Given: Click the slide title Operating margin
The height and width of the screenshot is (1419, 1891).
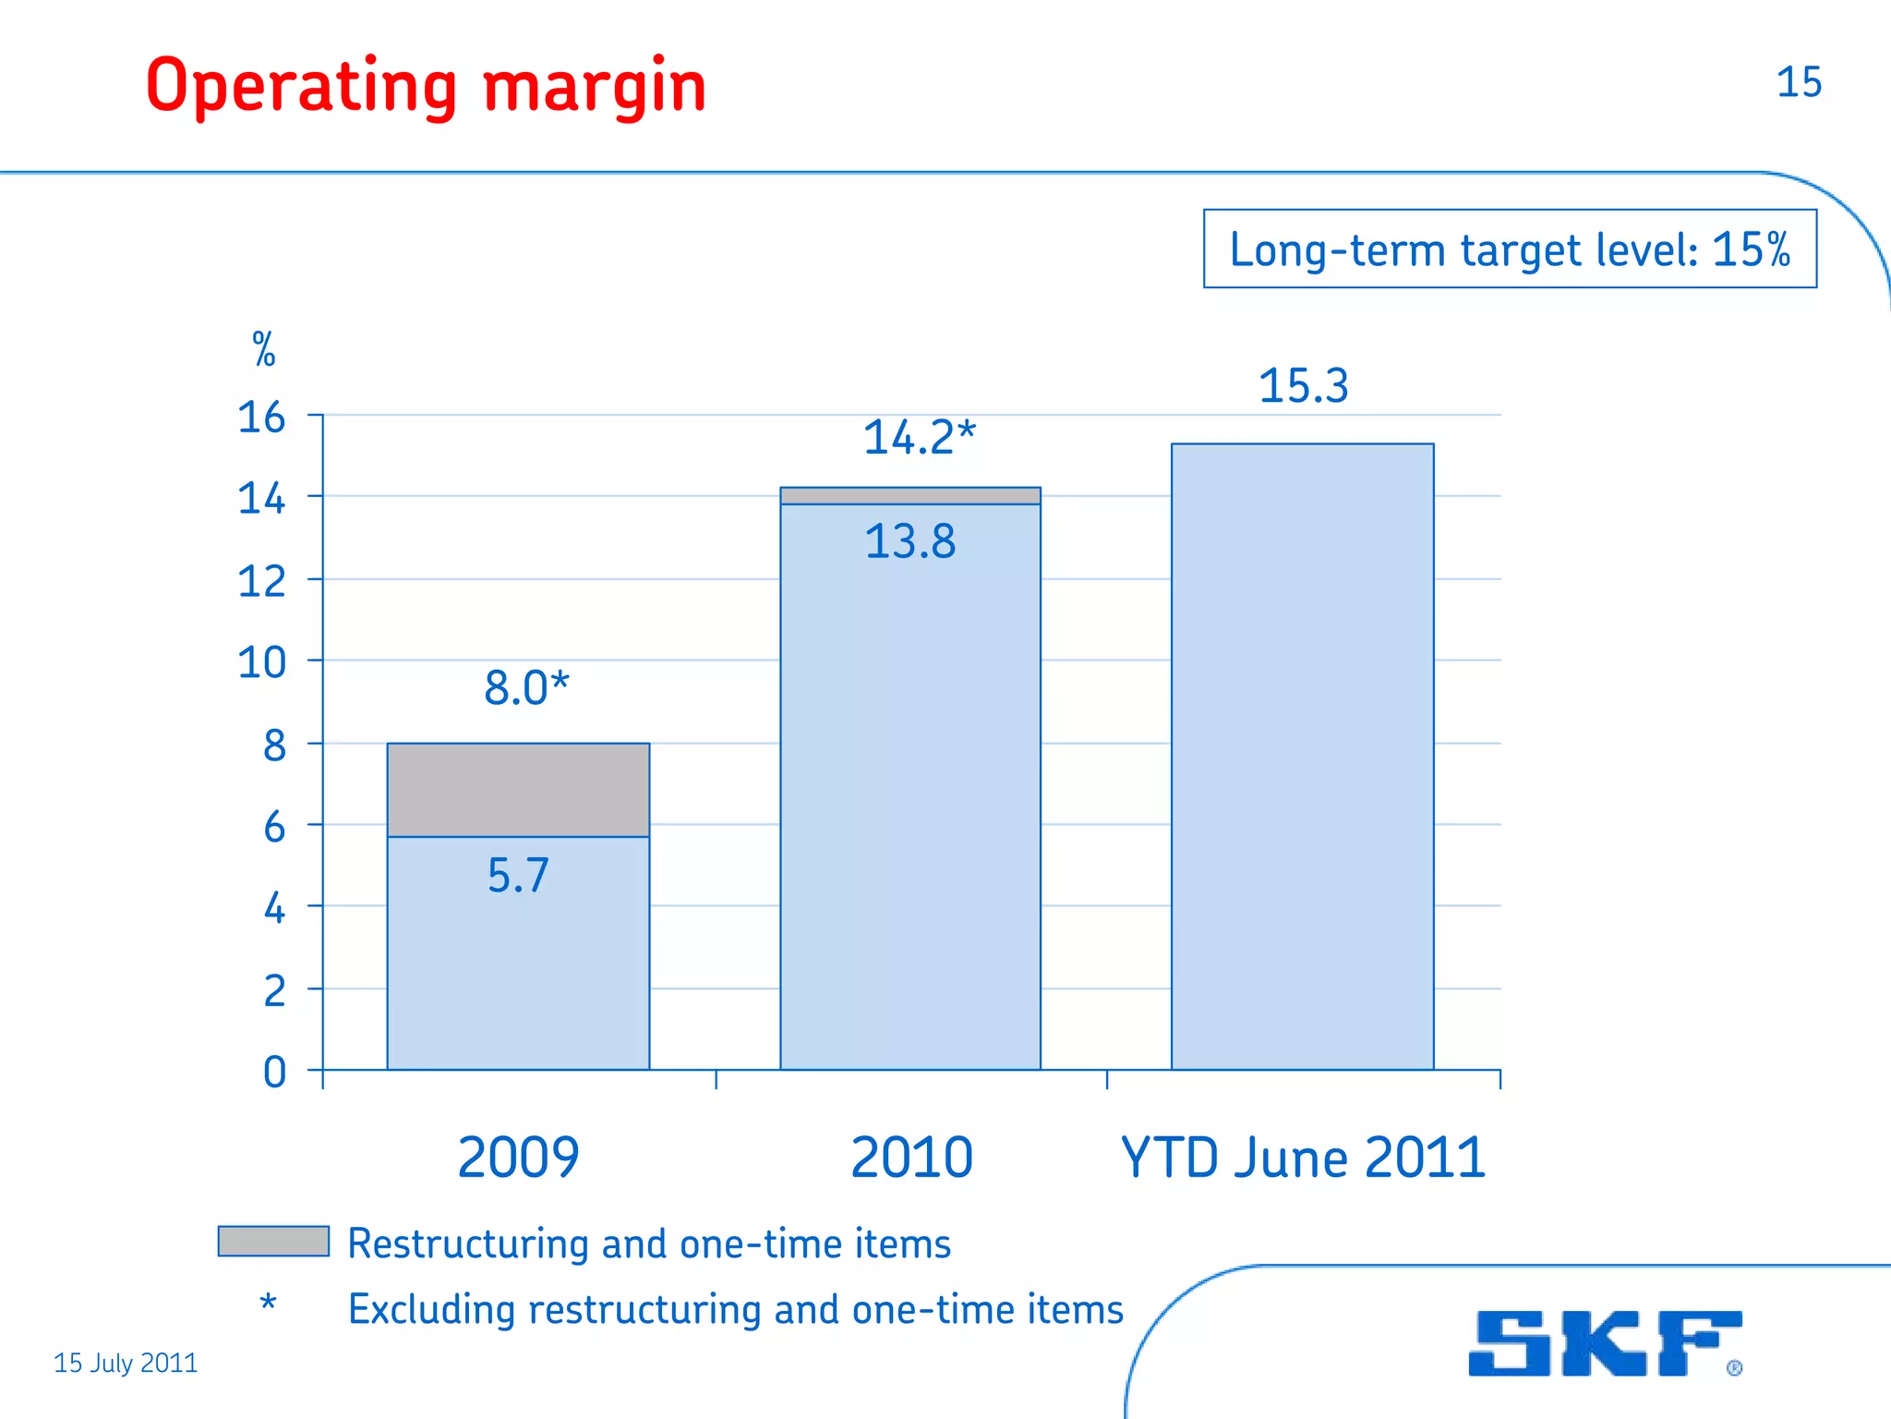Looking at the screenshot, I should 426,86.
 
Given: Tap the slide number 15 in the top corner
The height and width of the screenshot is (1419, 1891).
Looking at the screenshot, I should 1798,82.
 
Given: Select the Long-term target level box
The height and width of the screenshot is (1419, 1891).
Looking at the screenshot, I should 1510,249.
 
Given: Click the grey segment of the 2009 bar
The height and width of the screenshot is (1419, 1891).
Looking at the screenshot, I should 518,790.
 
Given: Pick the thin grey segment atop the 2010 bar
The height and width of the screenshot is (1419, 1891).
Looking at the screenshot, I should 909,496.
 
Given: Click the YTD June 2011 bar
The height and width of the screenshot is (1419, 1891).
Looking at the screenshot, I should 1302,758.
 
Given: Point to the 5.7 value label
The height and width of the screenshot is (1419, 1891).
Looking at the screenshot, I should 518,875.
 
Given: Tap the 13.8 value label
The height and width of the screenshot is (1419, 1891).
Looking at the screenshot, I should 909,541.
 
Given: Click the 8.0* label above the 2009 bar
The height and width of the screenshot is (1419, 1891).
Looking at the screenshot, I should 526,688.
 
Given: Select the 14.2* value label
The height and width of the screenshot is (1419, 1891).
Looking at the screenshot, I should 919,437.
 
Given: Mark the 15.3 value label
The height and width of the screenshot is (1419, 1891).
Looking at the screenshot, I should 1303,385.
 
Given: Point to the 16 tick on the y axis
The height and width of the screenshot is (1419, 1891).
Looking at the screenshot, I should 261,418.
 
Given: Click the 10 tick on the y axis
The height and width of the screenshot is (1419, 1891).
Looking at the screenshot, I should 261,662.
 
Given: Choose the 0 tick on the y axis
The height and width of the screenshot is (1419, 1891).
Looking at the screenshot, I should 274,1073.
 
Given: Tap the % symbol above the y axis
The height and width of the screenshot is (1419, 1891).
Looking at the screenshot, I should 264,349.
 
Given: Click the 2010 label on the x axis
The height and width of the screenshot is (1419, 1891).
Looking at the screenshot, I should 911,1158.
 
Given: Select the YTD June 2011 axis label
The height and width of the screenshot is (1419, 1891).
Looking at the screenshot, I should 1303,1158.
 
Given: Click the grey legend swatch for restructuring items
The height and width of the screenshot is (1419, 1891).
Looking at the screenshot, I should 273,1241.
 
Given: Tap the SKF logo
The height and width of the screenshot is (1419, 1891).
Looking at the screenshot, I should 1604,1343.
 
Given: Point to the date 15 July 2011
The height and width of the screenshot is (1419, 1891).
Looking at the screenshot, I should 126,1363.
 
